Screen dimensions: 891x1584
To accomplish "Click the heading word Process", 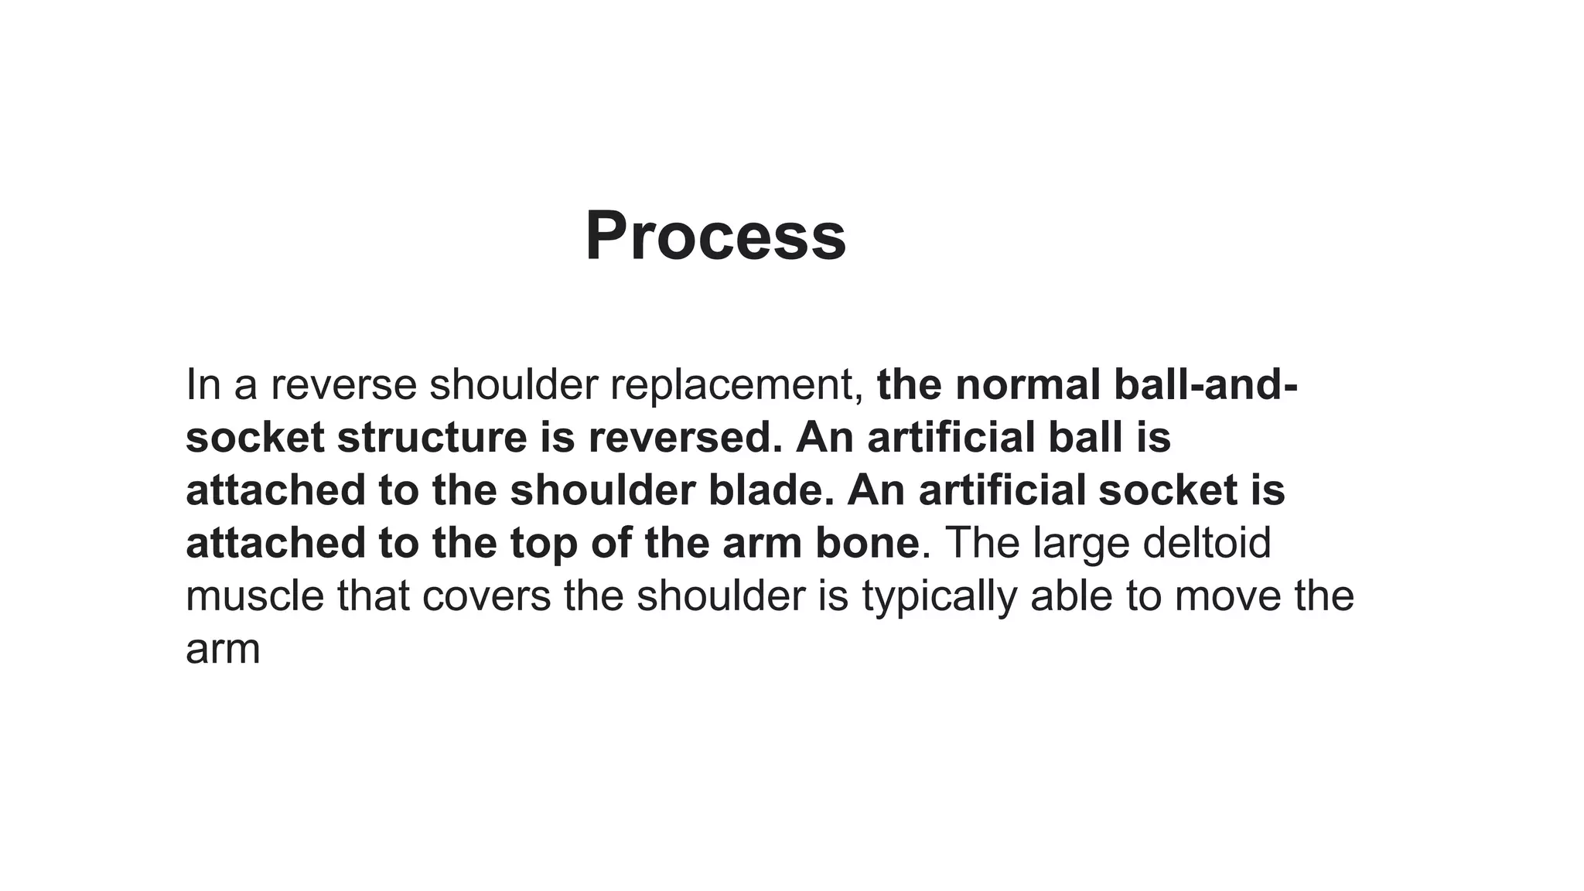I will click(715, 236).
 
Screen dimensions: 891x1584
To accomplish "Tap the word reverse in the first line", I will click(343, 384).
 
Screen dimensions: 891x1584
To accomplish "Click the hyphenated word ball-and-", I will click(1206, 384).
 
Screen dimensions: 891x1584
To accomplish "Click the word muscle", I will click(254, 596).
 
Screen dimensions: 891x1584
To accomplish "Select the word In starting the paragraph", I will click(203, 384).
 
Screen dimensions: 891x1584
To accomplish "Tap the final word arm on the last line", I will click(223, 650).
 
